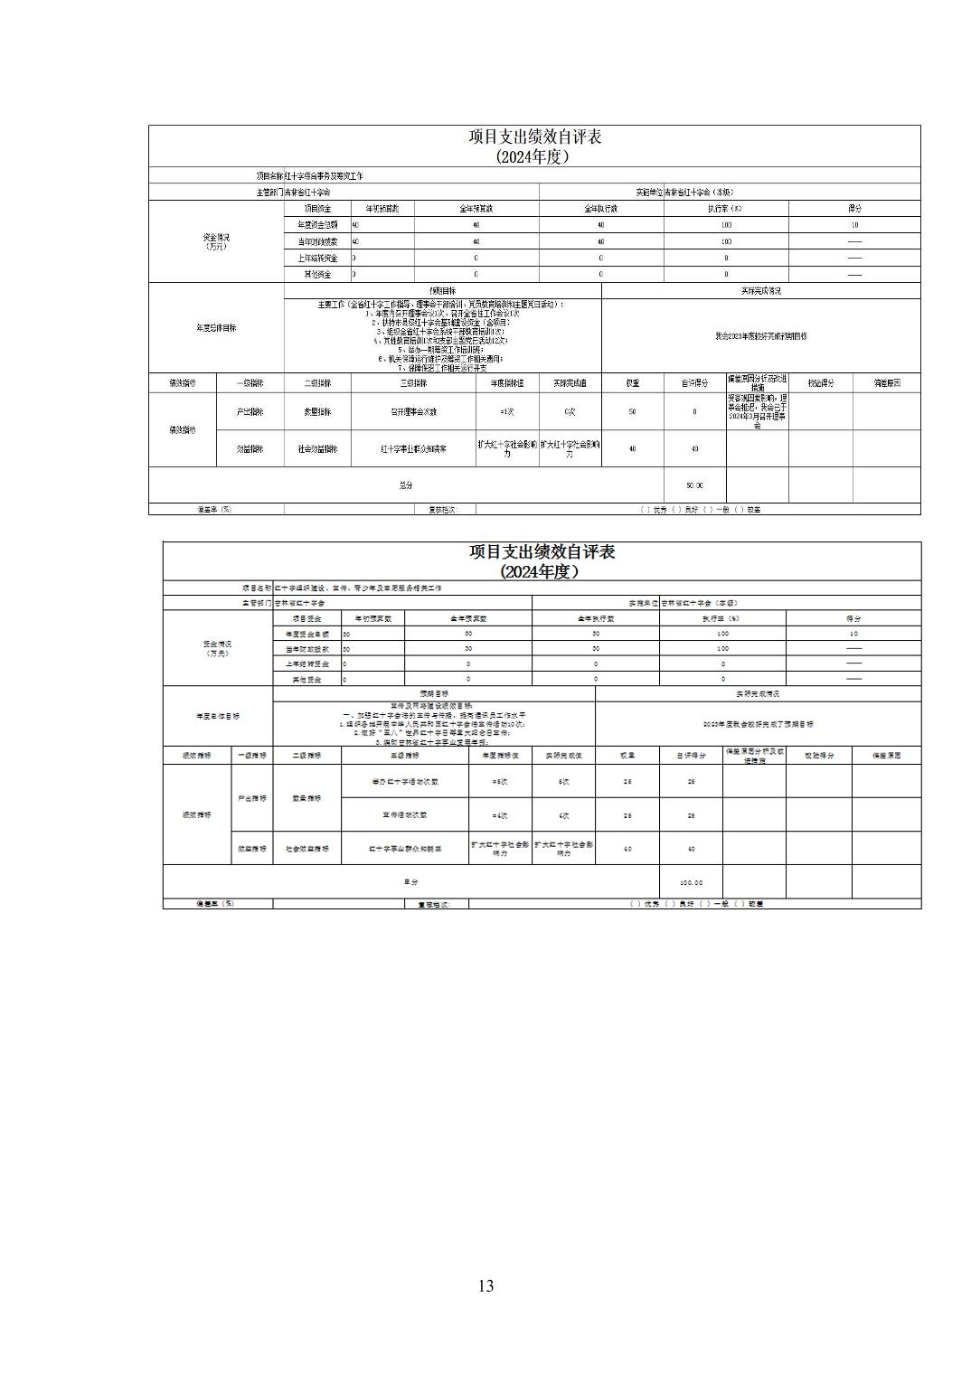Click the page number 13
tap(485, 1285)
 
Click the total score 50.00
tap(694, 485)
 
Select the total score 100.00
tap(691, 882)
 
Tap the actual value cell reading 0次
tap(570, 411)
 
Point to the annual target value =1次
tap(506, 411)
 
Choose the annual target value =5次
tap(500, 782)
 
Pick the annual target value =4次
tap(500, 815)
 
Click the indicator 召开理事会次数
tap(413, 411)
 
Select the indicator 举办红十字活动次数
tap(405, 782)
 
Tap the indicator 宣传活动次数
tap(405, 815)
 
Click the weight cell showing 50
tap(632, 411)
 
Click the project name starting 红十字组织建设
tap(358, 588)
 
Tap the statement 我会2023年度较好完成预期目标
tap(760, 335)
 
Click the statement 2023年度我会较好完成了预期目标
tap(759, 724)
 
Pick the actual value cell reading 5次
tap(564, 782)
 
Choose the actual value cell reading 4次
tap(564, 815)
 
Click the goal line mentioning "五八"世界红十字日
tap(434, 732)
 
